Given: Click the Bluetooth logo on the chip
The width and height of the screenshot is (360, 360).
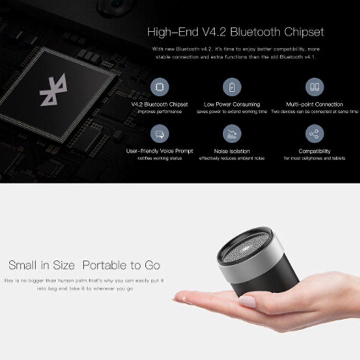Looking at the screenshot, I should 54,91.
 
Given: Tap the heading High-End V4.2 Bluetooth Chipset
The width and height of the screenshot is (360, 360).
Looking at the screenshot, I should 235,33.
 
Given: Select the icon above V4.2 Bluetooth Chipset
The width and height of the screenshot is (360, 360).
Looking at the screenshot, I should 159,87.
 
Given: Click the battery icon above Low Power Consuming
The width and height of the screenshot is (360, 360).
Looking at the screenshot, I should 232,87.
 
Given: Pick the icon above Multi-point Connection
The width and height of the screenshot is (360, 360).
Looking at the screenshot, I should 314,87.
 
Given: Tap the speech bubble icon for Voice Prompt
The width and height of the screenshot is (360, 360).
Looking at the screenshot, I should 159,133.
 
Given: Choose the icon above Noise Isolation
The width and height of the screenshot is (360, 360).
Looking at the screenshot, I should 232,133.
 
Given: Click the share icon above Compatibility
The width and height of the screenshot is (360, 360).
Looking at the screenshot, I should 314,133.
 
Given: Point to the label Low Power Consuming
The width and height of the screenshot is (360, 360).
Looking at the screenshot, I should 232,104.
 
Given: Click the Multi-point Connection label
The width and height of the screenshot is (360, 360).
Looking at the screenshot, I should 314,104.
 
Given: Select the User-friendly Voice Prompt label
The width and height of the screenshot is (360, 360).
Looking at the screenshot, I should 159,151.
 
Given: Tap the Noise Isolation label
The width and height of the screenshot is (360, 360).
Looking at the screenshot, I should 232,151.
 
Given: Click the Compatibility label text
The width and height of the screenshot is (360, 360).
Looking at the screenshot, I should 314,151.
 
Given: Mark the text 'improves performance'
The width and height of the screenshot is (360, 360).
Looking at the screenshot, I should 159,111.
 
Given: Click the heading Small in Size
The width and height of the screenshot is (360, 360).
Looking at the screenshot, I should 42,265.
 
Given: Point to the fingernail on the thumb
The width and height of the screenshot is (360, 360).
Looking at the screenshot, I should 247,301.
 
